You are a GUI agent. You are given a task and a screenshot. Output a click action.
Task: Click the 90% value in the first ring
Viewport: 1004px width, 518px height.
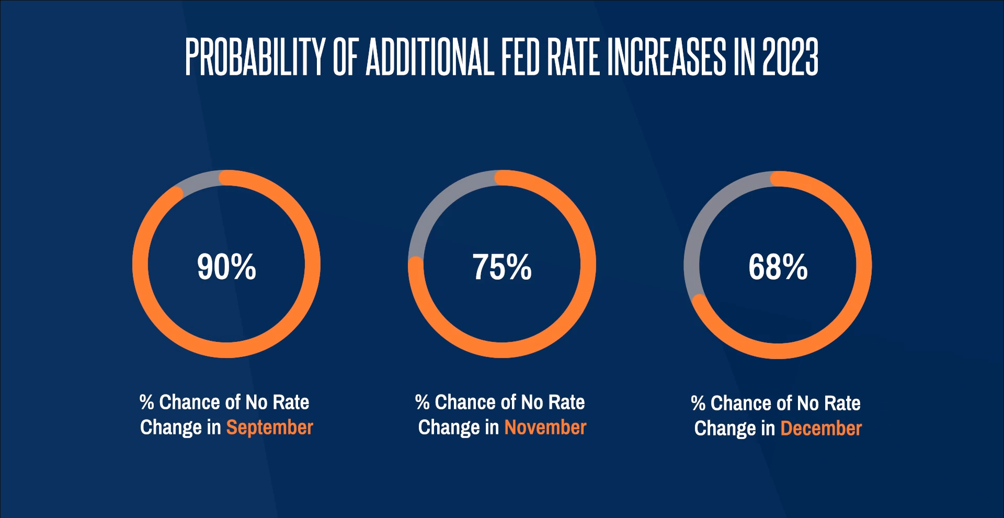click(x=226, y=267)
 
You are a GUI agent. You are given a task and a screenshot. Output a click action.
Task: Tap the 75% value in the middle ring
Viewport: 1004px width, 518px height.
click(x=502, y=267)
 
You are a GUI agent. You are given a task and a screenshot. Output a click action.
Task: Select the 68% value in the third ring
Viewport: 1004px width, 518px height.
click(x=778, y=267)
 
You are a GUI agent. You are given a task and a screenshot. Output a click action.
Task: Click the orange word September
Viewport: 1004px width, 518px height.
click(x=269, y=428)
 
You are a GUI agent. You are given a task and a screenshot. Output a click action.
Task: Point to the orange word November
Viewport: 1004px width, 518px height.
click(x=545, y=428)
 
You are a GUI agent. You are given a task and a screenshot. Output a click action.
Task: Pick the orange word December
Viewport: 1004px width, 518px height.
click(x=821, y=429)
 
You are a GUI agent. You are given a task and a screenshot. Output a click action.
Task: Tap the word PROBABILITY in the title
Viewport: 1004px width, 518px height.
click(x=255, y=56)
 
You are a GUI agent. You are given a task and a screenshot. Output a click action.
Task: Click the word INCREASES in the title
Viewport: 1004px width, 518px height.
click(x=667, y=56)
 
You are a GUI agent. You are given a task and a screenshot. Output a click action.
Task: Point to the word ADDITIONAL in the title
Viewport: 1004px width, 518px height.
click(x=430, y=56)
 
